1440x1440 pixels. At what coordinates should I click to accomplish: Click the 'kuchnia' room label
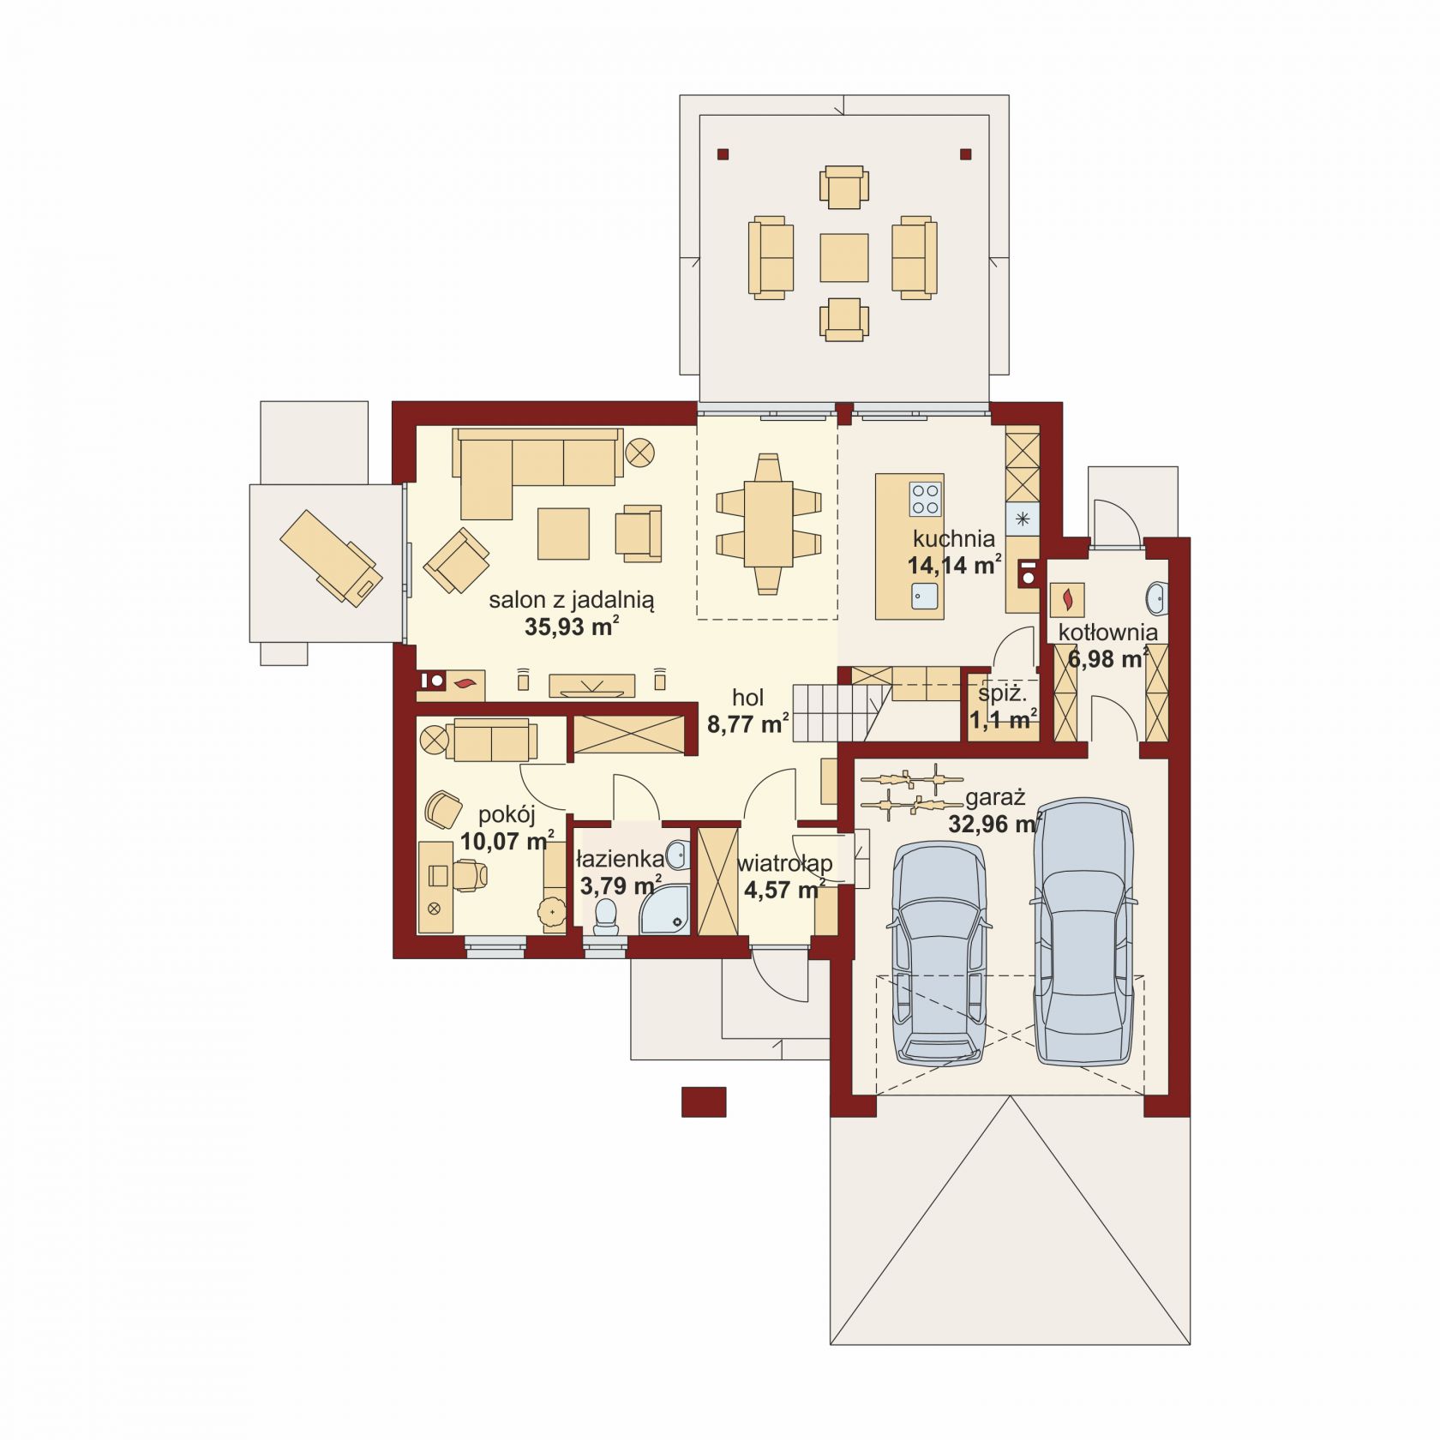(x=953, y=539)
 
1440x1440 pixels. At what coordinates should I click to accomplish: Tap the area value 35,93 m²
(x=572, y=627)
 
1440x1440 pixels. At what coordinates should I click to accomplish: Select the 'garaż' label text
(x=995, y=798)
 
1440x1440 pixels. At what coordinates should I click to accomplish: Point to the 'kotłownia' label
(x=1107, y=633)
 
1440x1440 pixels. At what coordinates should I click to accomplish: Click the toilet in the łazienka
(x=606, y=915)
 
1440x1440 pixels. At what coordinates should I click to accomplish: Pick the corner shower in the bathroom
(x=664, y=909)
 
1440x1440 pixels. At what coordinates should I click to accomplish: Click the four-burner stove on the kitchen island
(x=925, y=499)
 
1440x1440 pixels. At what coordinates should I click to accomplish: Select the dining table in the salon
(x=768, y=524)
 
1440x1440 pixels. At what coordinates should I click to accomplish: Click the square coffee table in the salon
(x=563, y=533)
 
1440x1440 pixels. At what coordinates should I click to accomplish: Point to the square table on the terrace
(x=844, y=257)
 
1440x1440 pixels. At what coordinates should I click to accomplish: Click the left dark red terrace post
(x=723, y=154)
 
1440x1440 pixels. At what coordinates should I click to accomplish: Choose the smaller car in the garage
(x=939, y=951)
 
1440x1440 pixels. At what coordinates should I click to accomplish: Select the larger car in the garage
(x=1083, y=932)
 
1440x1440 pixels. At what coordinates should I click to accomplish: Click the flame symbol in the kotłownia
(x=1067, y=599)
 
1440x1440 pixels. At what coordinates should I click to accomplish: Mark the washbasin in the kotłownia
(x=1156, y=597)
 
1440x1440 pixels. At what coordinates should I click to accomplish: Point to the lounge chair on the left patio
(x=330, y=558)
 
